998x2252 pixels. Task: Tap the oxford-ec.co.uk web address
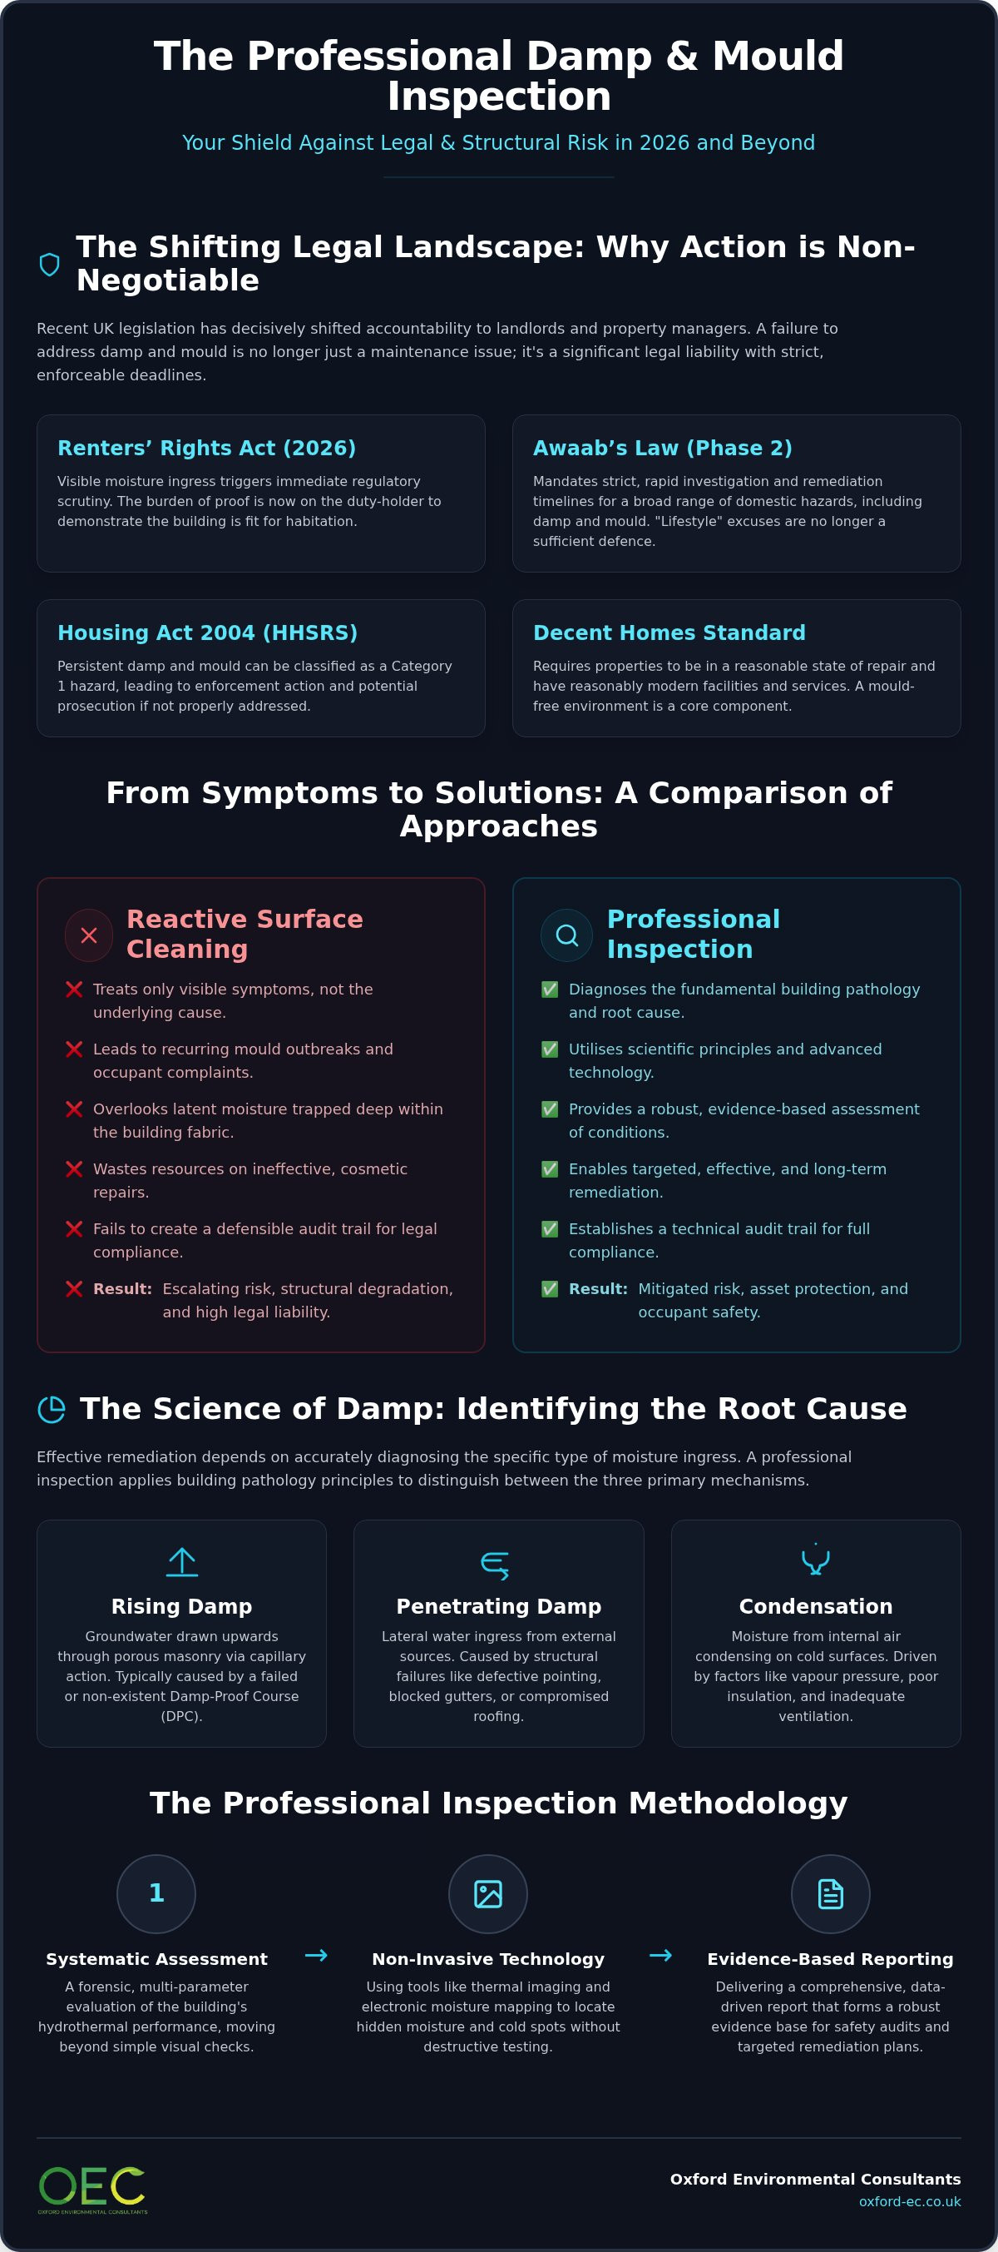pos(910,2201)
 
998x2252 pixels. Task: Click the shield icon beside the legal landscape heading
pos(50,264)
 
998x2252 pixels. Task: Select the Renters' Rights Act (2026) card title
pos(207,449)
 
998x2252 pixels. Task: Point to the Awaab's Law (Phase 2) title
pos(662,449)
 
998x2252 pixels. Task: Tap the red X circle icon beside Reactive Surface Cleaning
pos(89,935)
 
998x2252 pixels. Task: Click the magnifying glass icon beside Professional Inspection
pos(566,935)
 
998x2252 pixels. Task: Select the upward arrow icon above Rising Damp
pos(182,1561)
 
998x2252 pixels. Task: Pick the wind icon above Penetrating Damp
pos(496,1564)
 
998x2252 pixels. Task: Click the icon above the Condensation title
pos(816,1560)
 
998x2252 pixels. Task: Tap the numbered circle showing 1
pos(156,1893)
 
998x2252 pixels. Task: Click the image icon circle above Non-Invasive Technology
pos(487,1893)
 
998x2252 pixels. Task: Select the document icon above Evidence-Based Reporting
pos(830,1893)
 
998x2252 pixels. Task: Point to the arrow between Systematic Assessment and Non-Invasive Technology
pos(316,1955)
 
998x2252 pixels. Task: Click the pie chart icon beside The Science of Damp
pos(52,1409)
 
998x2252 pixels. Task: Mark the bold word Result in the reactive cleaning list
pos(122,1288)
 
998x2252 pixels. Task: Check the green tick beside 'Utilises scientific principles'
pos(550,1049)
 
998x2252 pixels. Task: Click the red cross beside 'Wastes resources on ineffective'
pos(74,1168)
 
